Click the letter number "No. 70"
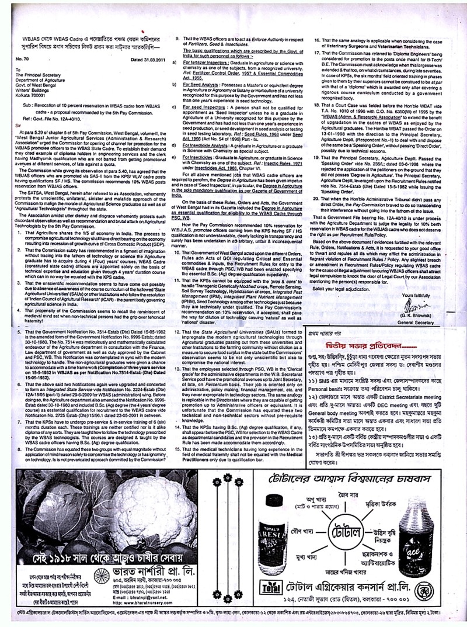(25, 59)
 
